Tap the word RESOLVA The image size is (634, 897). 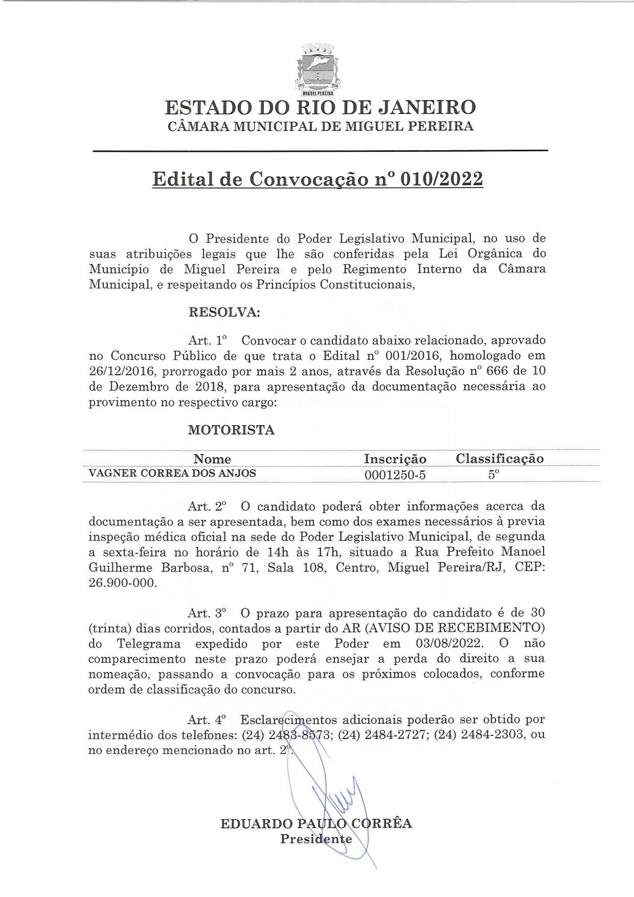(x=224, y=312)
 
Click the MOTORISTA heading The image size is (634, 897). (x=231, y=430)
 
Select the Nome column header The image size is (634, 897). (x=212, y=459)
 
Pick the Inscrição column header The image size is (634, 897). (x=395, y=459)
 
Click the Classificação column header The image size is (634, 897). (x=500, y=458)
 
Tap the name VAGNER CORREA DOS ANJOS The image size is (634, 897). (x=172, y=473)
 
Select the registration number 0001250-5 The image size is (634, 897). (x=395, y=475)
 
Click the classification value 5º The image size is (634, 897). (x=493, y=474)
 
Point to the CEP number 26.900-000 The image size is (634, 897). (x=123, y=583)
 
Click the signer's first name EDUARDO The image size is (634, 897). (x=257, y=824)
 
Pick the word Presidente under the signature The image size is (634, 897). (x=316, y=839)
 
